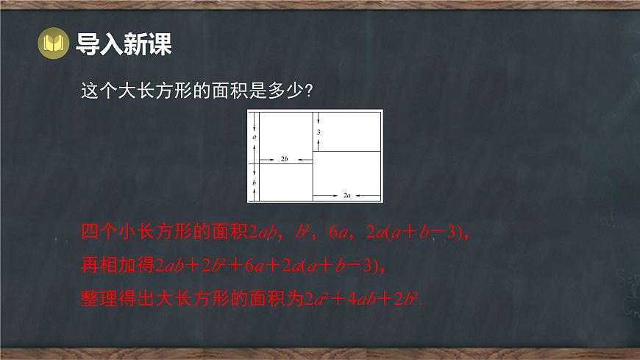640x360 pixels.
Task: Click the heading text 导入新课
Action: coord(124,44)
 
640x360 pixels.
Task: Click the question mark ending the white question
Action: coord(311,91)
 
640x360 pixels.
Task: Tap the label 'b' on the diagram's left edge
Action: coord(254,182)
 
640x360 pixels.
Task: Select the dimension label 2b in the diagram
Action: coord(285,158)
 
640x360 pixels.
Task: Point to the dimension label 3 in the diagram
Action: coord(319,132)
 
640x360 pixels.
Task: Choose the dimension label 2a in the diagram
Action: coord(347,196)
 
